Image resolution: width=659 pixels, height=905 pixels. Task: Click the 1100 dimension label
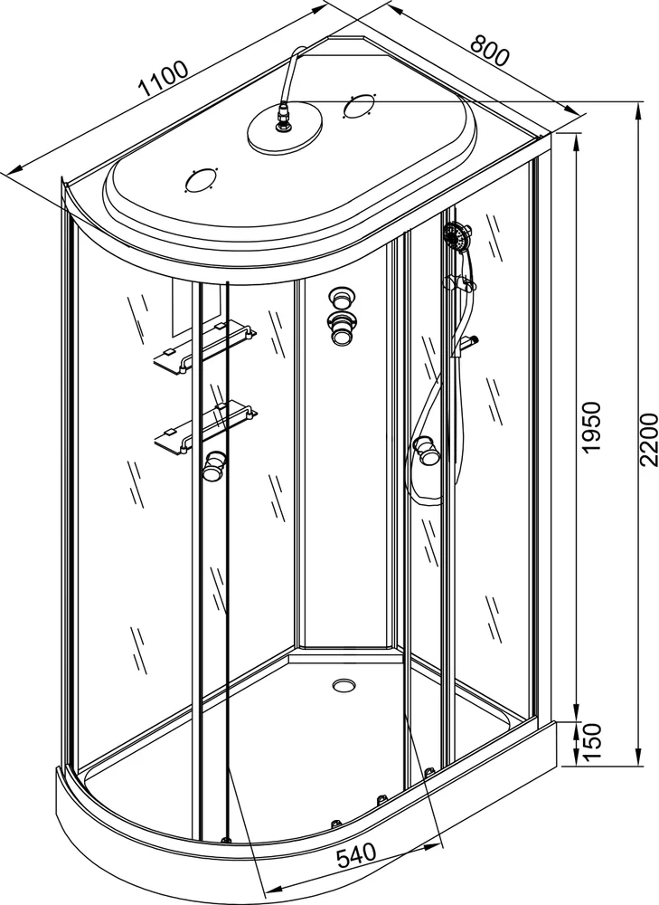click(164, 78)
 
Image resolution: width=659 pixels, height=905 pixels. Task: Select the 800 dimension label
click(490, 50)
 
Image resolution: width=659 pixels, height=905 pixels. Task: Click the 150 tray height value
click(591, 743)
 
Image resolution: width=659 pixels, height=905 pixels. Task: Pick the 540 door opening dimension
click(355, 855)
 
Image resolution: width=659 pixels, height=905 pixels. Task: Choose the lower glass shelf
click(205, 428)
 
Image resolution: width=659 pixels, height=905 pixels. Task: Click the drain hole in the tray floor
click(344, 684)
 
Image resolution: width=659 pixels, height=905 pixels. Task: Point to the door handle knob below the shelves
click(214, 465)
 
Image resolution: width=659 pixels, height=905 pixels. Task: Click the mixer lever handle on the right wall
click(469, 342)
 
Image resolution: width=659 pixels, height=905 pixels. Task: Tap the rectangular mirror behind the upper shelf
click(196, 308)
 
